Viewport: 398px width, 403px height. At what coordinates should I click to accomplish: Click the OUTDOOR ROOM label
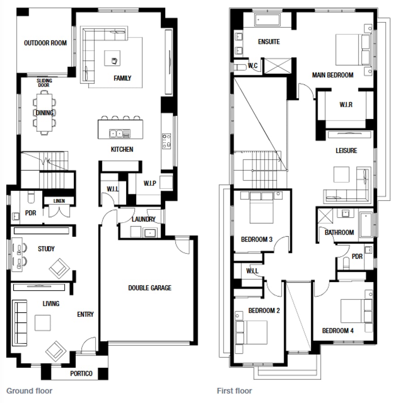click(x=45, y=43)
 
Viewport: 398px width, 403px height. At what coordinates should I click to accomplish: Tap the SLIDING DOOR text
click(x=44, y=83)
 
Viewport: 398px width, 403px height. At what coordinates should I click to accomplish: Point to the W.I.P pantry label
click(x=150, y=183)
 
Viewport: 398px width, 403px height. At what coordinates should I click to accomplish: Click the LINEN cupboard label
click(x=59, y=201)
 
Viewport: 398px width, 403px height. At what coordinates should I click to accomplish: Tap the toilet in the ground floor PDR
click(x=31, y=197)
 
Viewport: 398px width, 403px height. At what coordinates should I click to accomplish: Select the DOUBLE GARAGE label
click(x=150, y=288)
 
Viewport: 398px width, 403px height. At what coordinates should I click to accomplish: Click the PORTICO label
click(x=81, y=373)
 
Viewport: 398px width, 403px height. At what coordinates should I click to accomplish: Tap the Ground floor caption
click(x=30, y=390)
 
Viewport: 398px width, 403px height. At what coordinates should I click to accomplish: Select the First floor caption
click(x=234, y=390)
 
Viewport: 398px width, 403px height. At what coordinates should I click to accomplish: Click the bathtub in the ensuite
click(x=267, y=20)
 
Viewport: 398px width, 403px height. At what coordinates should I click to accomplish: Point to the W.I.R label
click(x=346, y=105)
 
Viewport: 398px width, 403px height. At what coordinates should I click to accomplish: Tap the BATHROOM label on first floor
click(x=339, y=232)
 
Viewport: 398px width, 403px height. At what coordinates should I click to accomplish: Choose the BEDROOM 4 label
click(x=338, y=331)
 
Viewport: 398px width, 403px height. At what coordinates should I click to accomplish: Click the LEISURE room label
click(x=346, y=150)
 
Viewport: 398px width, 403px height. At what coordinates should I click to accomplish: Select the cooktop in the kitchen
click(x=166, y=141)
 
